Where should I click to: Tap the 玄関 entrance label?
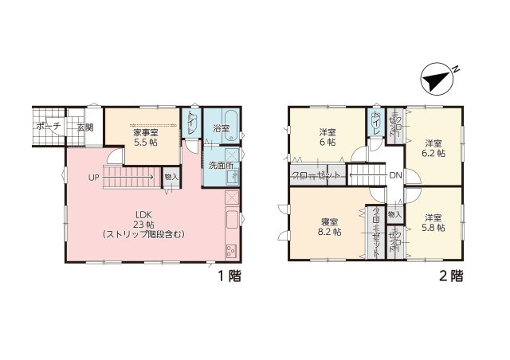point(84,127)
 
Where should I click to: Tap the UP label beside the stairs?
point(94,177)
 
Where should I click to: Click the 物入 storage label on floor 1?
point(171,176)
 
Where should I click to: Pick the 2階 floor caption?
point(449,276)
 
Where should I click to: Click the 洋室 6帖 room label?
point(328,136)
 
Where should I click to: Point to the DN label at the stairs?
point(394,176)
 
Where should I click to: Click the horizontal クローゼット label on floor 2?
point(316,175)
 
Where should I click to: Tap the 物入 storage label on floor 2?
point(394,214)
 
